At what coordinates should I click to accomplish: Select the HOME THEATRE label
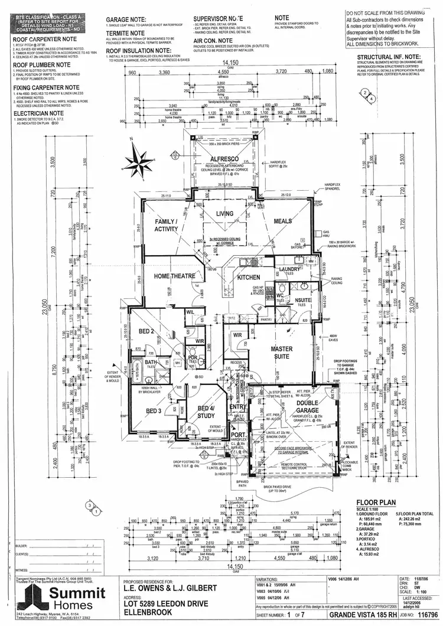174,276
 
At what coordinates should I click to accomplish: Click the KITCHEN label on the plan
249,276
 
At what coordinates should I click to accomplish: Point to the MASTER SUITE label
282,353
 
